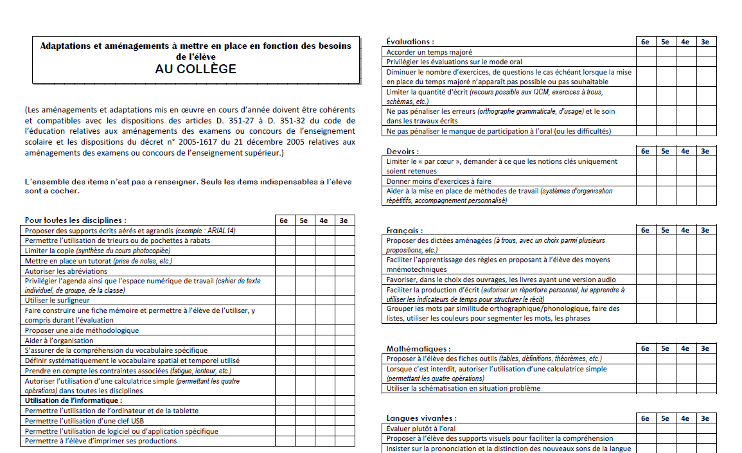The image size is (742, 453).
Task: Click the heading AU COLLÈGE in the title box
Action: coord(195,69)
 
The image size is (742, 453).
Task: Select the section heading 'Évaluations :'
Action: coord(410,42)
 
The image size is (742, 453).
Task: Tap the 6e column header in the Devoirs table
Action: coord(646,152)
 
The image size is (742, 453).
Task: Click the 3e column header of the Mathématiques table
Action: coord(705,348)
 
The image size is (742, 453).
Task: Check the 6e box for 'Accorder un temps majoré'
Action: coord(646,52)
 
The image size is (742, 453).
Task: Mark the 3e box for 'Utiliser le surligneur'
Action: coord(344,300)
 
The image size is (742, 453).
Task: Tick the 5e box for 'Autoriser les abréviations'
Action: coord(305,271)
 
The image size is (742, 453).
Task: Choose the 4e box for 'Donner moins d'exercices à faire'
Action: coord(685,181)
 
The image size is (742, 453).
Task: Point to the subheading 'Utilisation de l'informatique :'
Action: coord(73,400)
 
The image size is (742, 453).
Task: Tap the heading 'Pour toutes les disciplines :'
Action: coord(76,220)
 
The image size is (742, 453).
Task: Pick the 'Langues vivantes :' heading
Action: coord(421,418)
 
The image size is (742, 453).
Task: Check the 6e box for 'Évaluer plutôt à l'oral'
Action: coord(646,428)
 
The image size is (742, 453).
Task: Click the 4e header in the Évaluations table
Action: coord(685,42)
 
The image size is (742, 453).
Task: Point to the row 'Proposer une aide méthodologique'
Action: coord(82,330)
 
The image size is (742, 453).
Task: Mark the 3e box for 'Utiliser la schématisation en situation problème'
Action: coord(705,388)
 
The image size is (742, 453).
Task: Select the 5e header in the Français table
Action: coord(666,230)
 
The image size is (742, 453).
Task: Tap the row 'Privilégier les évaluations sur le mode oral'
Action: coord(454,62)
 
